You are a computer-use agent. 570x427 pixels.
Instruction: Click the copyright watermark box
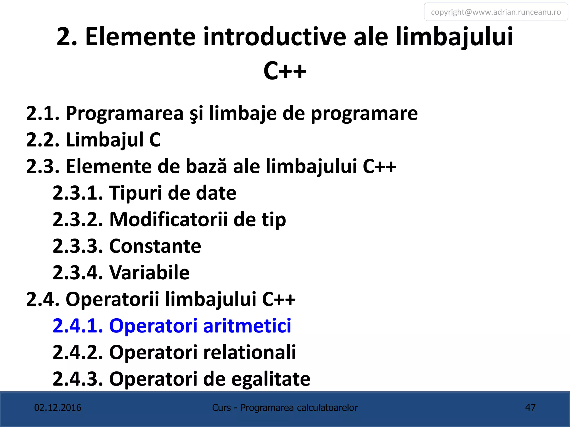point(496,12)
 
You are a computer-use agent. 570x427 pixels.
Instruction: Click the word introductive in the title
point(275,36)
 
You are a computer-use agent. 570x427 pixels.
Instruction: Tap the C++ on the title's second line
point(285,71)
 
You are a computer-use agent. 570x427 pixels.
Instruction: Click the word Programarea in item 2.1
point(124,113)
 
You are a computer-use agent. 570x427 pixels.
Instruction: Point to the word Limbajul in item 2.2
point(105,140)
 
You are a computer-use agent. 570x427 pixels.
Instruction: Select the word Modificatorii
point(168,219)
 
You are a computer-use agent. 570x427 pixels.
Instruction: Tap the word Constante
point(155,246)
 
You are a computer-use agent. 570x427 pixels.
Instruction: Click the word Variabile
point(149,272)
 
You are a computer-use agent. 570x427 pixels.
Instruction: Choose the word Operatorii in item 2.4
point(112,299)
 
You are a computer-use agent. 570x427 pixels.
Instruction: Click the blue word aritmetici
point(247,326)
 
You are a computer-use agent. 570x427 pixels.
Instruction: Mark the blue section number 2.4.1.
point(78,326)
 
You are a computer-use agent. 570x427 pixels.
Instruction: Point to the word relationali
point(250,352)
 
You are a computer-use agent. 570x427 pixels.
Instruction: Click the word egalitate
point(271,379)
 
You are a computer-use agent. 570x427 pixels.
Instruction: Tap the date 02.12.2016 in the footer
point(58,408)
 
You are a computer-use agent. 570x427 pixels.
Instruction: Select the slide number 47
point(530,408)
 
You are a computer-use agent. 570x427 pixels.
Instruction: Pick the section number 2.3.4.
point(78,272)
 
